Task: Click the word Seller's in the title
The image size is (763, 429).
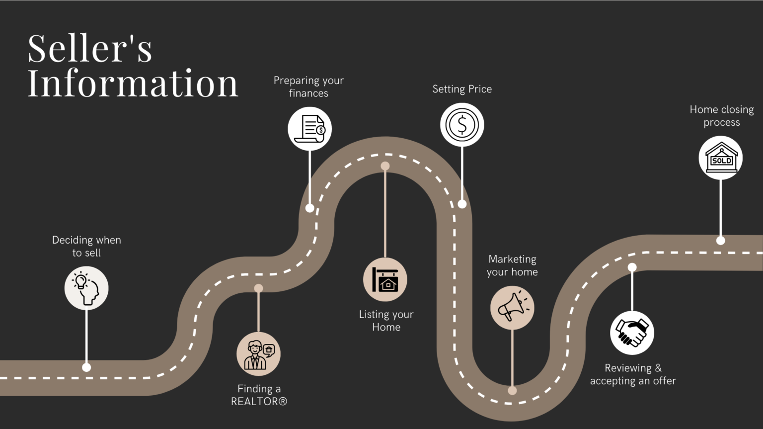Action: [x=89, y=48]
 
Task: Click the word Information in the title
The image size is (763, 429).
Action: [x=133, y=83]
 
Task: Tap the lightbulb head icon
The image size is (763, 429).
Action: [x=86, y=288]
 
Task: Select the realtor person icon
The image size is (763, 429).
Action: [x=258, y=354]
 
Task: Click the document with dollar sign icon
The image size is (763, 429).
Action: [x=309, y=128]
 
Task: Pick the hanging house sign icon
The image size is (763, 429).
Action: [x=385, y=279]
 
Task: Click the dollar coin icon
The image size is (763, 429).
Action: [x=462, y=125]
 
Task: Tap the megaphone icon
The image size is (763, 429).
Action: [x=512, y=308]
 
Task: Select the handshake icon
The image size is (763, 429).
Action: [x=632, y=333]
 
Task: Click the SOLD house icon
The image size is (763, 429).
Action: [x=721, y=158]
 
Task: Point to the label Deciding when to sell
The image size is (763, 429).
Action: [x=86, y=247]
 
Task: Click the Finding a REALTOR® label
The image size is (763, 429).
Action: [x=259, y=395]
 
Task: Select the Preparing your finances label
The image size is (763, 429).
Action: [x=308, y=86]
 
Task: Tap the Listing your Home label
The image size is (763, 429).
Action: [x=386, y=320]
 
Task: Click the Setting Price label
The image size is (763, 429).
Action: [x=462, y=89]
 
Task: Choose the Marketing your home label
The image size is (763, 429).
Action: [x=512, y=265]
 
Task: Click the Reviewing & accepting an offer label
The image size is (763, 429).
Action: [x=633, y=374]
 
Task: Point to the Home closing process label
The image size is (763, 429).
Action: [x=722, y=116]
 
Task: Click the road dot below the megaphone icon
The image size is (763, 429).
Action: [x=512, y=391]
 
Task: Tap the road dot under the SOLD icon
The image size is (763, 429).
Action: [x=721, y=241]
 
